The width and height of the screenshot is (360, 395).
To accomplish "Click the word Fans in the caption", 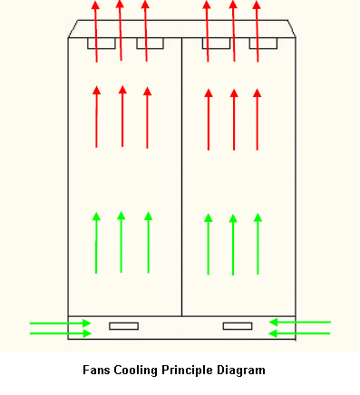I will tap(95, 370).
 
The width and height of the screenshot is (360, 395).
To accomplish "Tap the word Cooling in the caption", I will tap(135, 370).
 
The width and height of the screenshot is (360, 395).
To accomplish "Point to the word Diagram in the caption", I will tap(242, 370).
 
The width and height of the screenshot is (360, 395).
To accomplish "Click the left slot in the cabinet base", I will tap(123, 325).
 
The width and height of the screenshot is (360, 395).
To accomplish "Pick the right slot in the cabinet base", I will tap(238, 325).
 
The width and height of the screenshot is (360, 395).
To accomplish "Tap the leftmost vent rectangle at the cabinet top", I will tap(101, 43).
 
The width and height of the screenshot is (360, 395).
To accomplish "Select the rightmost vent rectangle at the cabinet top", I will tap(263, 43).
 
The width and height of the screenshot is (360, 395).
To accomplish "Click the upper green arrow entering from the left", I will tap(60, 322).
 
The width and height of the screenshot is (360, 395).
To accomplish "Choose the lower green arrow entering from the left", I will tap(60, 333).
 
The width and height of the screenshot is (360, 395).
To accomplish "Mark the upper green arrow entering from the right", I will tap(300, 322).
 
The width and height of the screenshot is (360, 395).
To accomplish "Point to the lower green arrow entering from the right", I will tap(300, 333).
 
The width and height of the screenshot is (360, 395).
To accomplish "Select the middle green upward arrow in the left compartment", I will tap(122, 243).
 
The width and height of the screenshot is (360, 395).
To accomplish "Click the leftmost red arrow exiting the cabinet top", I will tap(96, 31).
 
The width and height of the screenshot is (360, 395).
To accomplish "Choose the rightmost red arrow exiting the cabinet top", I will tap(258, 31).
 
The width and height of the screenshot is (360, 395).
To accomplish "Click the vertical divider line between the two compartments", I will tap(182, 181).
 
